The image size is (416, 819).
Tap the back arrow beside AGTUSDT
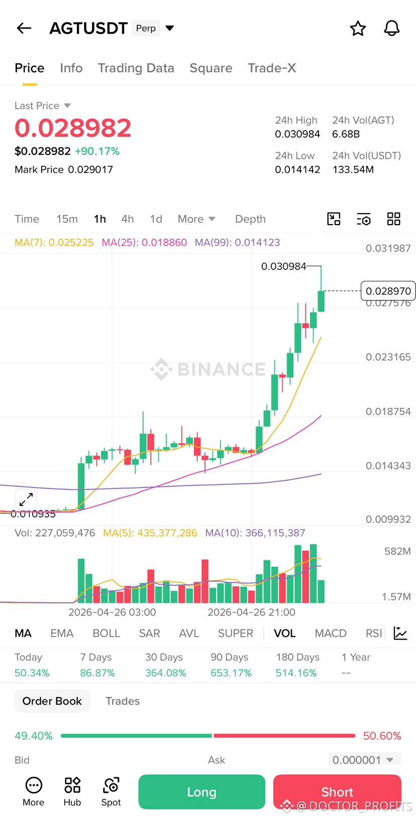coord(24,28)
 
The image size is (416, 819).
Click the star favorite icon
coord(358,29)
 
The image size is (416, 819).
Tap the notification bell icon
coord(391,28)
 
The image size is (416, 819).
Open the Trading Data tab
coord(136,68)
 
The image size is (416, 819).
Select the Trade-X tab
coord(272,68)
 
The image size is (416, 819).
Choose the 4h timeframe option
coord(128,219)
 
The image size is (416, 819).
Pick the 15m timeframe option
coord(67,219)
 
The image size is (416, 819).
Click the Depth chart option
coord(250,219)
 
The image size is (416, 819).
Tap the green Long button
coord(202,791)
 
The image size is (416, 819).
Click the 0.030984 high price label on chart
coord(283,266)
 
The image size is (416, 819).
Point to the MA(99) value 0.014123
coord(257,242)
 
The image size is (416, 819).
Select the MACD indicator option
coord(331,633)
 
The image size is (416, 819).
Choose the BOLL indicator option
coord(107,633)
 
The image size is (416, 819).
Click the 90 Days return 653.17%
coord(231,673)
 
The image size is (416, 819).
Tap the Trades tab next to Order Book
coord(123,701)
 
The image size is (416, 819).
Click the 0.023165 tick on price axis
coord(388,357)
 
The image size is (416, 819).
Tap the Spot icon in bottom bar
coord(111,791)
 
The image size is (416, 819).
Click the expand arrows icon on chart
coord(26,499)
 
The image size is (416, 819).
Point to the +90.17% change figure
coord(97,151)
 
